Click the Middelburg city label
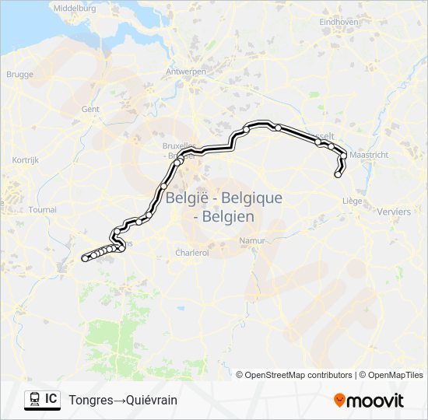pos(75,8)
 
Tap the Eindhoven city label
pos(339,22)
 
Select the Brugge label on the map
pos(19,75)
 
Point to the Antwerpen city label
pos(186,71)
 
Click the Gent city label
pos(90,110)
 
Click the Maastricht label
pos(369,156)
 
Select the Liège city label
pos(353,201)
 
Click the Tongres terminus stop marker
pos(338,174)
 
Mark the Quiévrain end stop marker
pos(85,257)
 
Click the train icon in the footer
pos(35,400)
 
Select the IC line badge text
pos(51,399)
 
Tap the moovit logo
pos(369,400)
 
